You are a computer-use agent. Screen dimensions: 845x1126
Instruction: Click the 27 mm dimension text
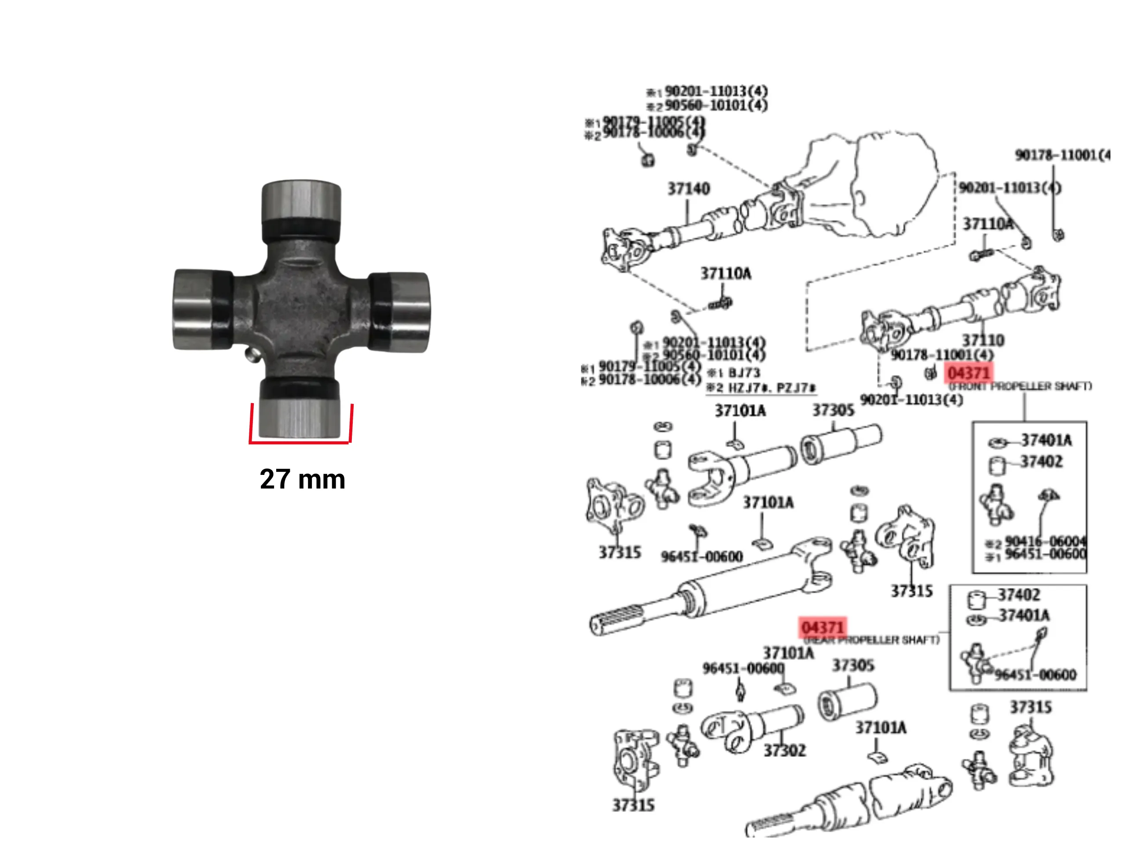pos(302,479)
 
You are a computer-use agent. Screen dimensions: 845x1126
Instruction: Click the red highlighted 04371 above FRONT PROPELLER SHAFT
pos(968,373)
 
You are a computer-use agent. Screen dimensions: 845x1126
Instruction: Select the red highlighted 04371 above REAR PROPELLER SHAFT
pos(823,628)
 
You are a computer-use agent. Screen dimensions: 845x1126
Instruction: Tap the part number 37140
pos(688,189)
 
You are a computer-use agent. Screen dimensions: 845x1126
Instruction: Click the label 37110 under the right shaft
pos(983,340)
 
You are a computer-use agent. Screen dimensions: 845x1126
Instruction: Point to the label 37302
pos(784,750)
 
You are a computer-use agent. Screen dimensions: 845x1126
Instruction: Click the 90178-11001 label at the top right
pos(1061,155)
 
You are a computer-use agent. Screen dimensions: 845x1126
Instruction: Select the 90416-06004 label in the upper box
pos(1045,541)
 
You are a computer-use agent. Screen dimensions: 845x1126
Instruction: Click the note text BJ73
pos(744,373)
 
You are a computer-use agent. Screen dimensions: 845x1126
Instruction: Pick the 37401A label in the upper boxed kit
pos(1046,440)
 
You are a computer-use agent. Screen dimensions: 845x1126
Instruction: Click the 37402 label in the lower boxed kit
pos(1018,595)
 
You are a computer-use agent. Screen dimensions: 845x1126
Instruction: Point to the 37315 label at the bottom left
pos(633,805)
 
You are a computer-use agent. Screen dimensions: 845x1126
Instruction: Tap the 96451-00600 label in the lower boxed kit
pos(1035,674)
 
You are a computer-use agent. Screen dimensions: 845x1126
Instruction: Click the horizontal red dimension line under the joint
pos(300,442)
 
